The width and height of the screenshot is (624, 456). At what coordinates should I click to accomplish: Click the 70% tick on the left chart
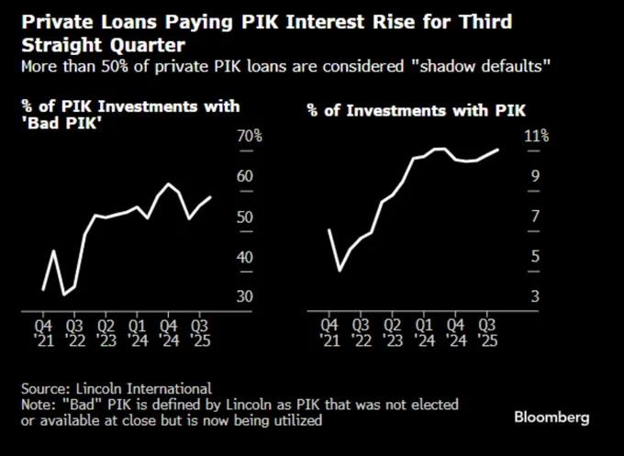[x=251, y=137]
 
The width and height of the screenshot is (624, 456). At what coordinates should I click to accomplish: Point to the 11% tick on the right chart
[x=537, y=137]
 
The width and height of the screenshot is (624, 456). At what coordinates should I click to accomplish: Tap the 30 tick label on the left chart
[x=246, y=297]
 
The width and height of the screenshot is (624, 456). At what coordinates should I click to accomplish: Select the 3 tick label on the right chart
[x=533, y=297]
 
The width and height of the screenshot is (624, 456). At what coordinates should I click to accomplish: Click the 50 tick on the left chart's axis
[x=246, y=217]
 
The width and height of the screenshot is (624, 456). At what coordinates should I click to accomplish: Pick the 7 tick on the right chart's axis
[x=533, y=217]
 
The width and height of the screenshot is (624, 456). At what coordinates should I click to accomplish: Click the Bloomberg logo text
[x=551, y=417]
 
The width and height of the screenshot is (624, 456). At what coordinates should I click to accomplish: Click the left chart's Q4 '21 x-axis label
[x=43, y=332]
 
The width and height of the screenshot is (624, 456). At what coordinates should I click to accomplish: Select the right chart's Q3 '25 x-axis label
[x=490, y=332]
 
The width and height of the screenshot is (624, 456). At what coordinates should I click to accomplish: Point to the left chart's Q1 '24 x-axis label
[x=138, y=332]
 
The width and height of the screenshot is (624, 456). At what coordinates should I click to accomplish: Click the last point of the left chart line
[x=211, y=196]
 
